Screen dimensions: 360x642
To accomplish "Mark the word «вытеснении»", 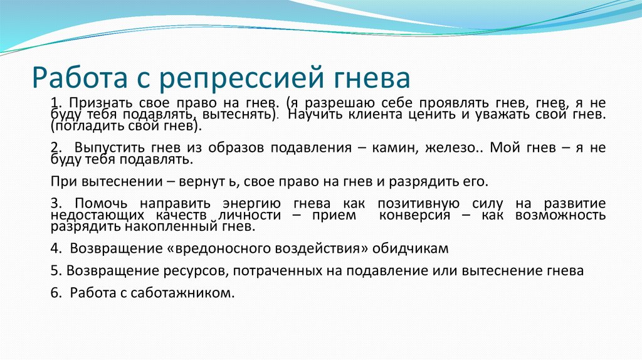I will (112, 182).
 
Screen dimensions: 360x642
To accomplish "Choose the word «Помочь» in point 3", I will (102, 203).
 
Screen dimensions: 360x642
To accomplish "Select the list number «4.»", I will (56, 248).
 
